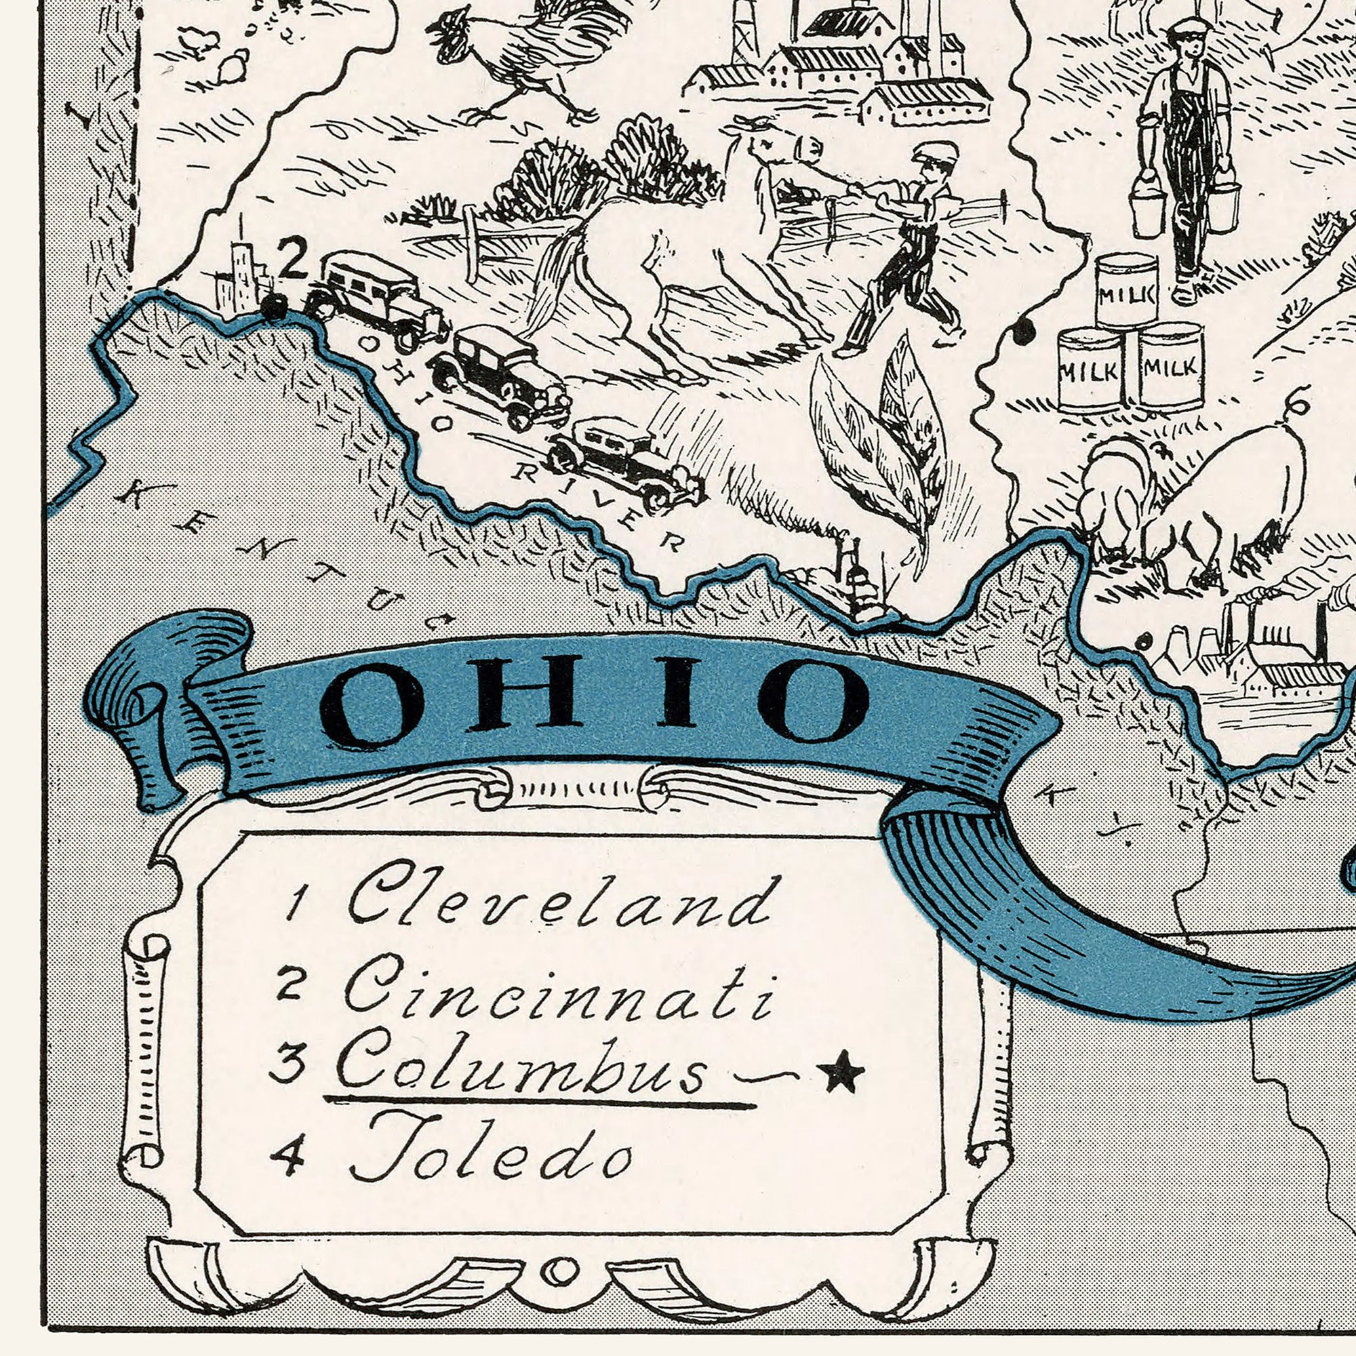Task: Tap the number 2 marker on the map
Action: [293, 258]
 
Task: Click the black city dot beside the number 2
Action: [275, 307]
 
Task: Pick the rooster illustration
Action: [519, 56]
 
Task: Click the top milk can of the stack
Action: [1126, 290]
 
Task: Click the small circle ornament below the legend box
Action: [559, 1270]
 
